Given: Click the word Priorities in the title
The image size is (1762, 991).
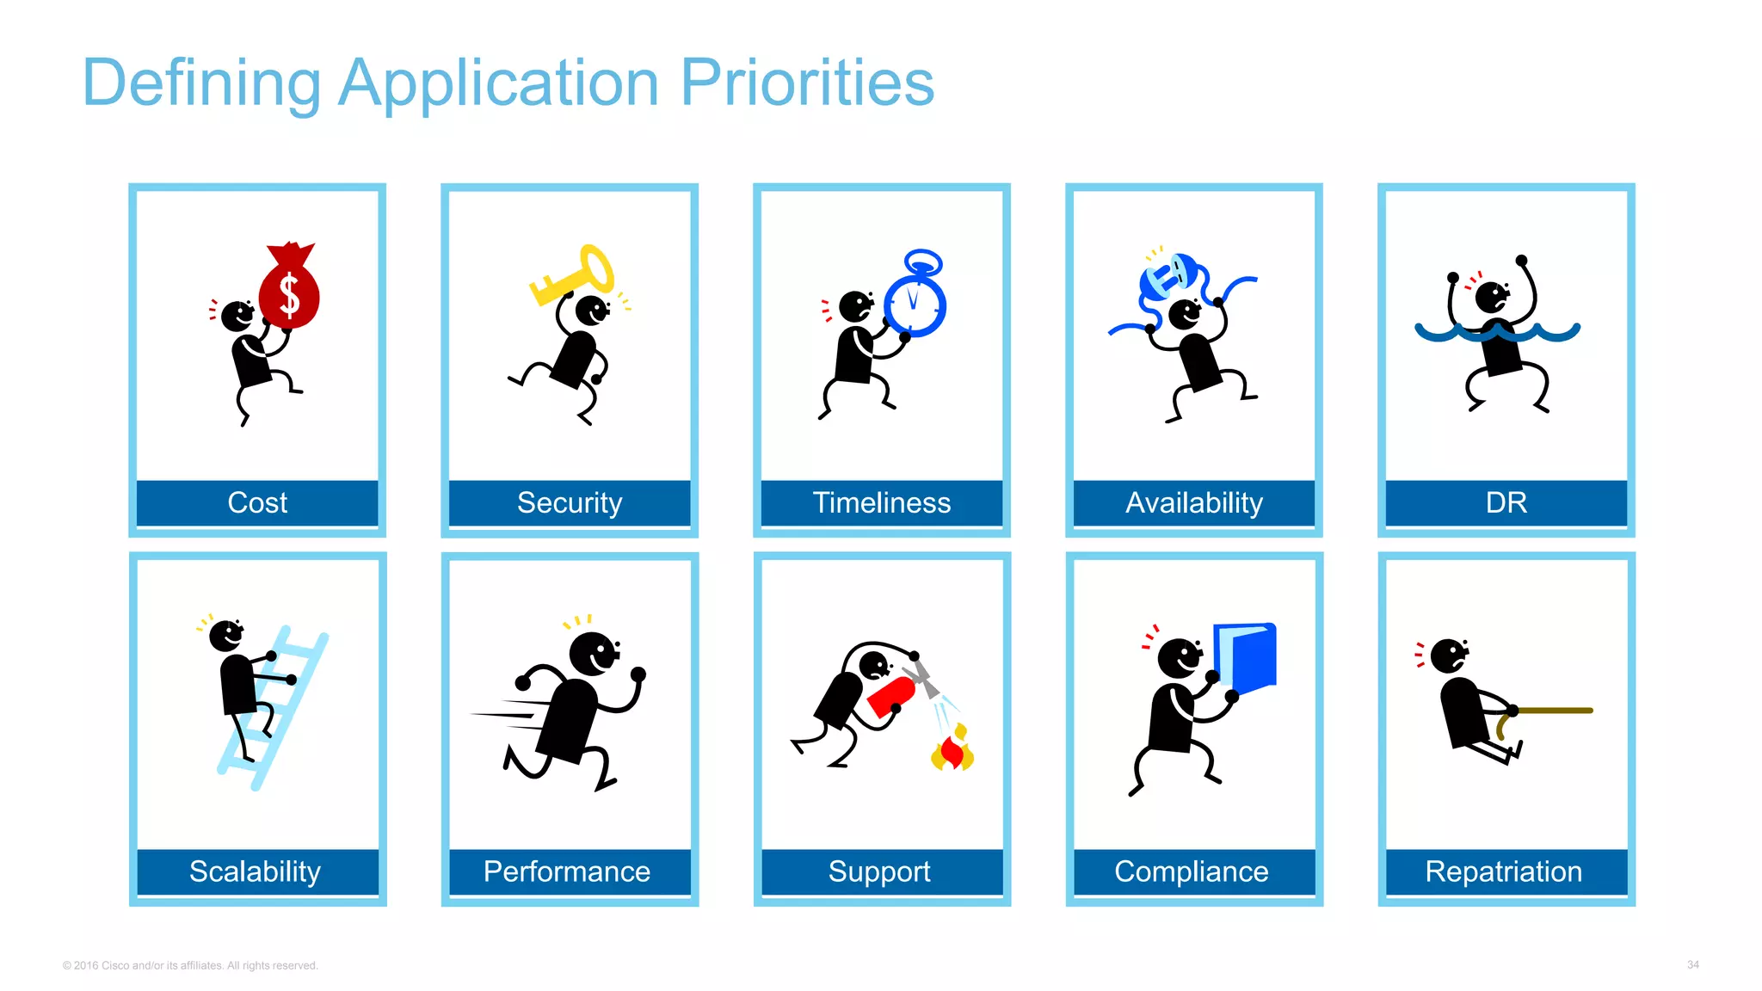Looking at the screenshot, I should pyautogui.click(x=806, y=83).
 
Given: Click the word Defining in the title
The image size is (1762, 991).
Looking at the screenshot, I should pyautogui.click(x=201, y=83).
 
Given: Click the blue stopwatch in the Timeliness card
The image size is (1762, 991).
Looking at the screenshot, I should pyautogui.click(x=915, y=301).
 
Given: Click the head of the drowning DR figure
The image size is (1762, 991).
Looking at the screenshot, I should pyautogui.click(x=1491, y=298).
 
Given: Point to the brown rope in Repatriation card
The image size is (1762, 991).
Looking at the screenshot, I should pyautogui.click(x=1553, y=711).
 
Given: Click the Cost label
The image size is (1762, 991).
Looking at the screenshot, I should pyautogui.click(x=257, y=502).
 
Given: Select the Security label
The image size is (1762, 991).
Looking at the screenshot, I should pyautogui.click(x=570, y=502).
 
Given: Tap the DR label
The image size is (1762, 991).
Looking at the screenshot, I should pyautogui.click(x=1506, y=502).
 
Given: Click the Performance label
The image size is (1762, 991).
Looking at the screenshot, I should pyautogui.click(x=567, y=871).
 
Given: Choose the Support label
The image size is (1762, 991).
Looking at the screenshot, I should pyautogui.click(x=879, y=871).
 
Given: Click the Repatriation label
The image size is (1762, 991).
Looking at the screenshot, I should pyautogui.click(x=1503, y=871).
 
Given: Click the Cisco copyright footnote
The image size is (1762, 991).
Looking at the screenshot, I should pyautogui.click(x=190, y=965).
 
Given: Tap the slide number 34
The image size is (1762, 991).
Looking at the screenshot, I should pyautogui.click(x=1692, y=964).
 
